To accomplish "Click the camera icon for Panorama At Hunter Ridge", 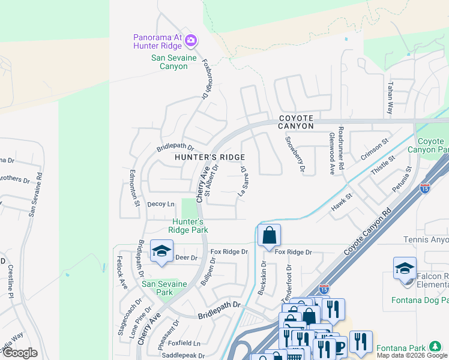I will (x=191, y=41).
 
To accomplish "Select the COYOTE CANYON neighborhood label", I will (x=296, y=122).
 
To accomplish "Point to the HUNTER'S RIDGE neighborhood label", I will (x=209, y=157).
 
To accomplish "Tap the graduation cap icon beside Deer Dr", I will (x=161, y=251).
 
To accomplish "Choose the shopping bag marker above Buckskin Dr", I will (x=270, y=235).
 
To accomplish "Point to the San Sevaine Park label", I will (x=165, y=288).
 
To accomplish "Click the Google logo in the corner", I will (x=20, y=353).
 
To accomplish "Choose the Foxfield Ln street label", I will (x=184, y=343).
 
